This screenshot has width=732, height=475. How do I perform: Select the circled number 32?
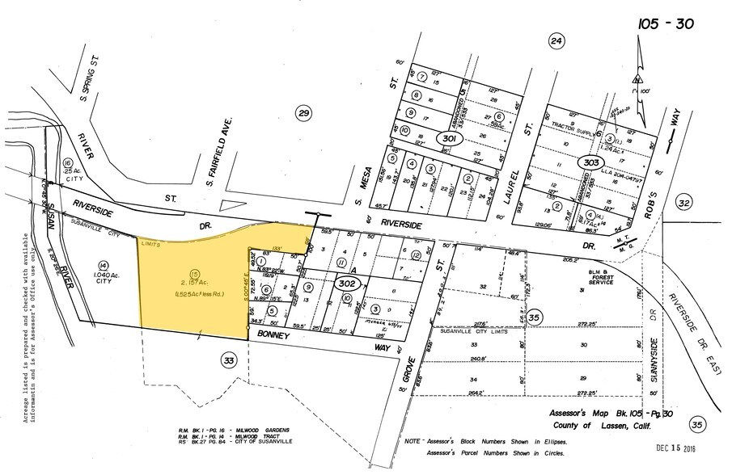click(684, 203)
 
